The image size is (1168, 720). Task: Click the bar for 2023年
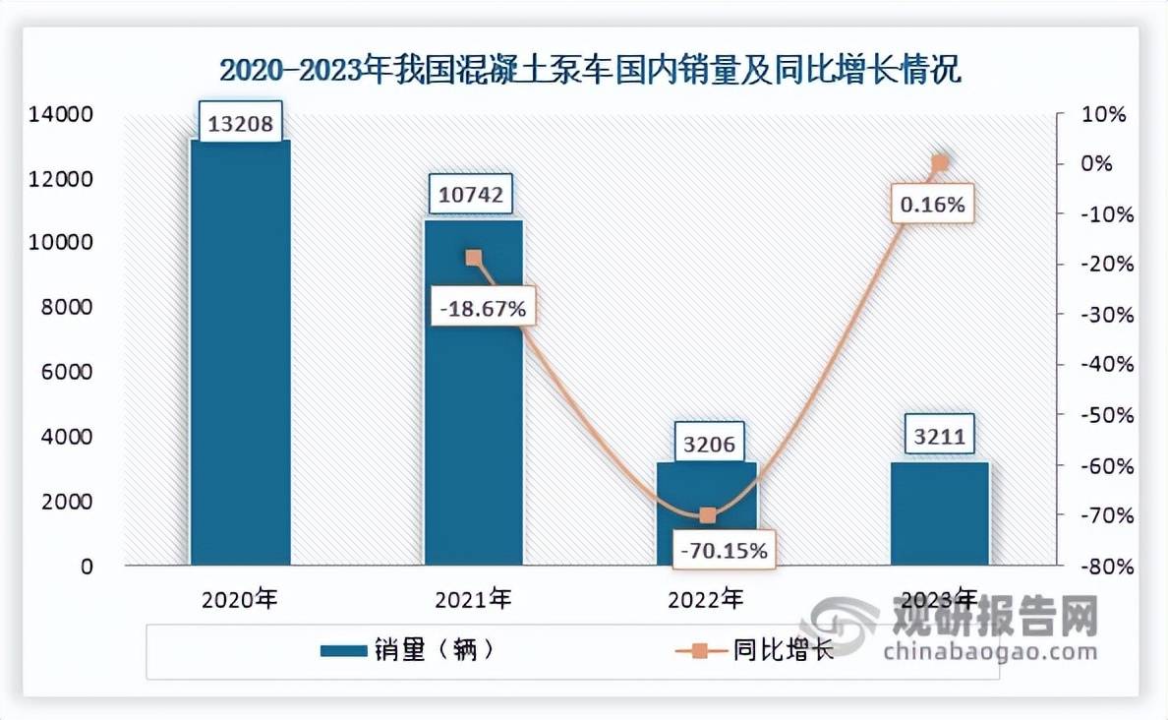coord(939,513)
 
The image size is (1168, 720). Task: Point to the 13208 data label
coord(241,125)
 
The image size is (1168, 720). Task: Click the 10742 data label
coord(473,195)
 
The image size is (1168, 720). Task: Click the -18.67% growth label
coord(480,309)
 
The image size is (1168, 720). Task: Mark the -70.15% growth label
coord(725,551)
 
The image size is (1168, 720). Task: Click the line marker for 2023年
coord(939,163)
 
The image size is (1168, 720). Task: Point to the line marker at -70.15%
coord(707,515)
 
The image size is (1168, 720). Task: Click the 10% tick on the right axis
coord(1105,114)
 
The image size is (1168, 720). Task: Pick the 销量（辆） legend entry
coord(405,650)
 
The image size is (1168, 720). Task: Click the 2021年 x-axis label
coord(473,598)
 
